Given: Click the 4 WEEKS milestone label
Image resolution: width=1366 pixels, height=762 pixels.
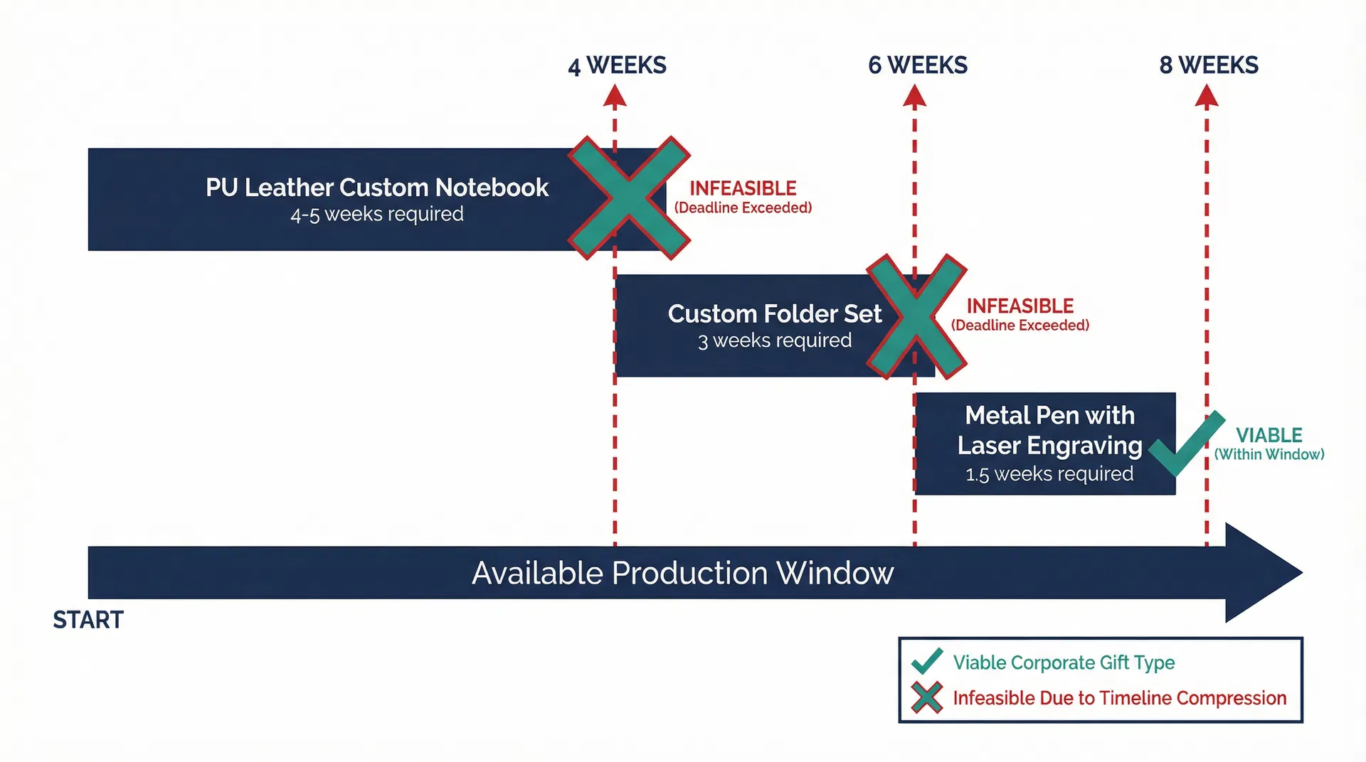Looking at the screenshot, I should tap(617, 65).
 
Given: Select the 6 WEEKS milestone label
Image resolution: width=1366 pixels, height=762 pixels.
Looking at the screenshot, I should tap(917, 65).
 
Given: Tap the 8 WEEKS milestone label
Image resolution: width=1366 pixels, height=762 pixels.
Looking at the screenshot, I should tap(1208, 65).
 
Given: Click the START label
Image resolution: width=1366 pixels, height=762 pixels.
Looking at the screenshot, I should tap(88, 620).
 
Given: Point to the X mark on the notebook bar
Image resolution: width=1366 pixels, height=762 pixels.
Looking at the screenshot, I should tap(629, 198).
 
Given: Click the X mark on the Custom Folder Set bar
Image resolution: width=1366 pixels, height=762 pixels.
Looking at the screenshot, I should tap(916, 316).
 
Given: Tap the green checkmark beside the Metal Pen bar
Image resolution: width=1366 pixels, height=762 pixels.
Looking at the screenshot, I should tap(1185, 444).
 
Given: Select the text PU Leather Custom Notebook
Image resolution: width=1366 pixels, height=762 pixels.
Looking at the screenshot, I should tap(376, 188).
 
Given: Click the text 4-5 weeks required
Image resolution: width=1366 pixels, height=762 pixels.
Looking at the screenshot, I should tap(376, 214).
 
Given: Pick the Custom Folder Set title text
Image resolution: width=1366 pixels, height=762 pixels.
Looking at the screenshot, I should tap(774, 313).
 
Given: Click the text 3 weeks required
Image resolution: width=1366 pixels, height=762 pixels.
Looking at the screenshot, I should tap(774, 340).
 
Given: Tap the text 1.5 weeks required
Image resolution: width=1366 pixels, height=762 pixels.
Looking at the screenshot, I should tap(1049, 474).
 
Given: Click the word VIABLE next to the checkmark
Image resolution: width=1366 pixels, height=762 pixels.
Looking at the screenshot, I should tap(1269, 435).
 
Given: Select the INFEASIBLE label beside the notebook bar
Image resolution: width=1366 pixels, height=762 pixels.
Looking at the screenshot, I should tap(743, 188).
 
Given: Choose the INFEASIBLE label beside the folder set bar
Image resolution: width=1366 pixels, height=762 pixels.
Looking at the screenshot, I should tap(1020, 306).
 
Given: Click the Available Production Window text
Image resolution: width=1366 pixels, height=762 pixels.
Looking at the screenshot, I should tap(682, 573).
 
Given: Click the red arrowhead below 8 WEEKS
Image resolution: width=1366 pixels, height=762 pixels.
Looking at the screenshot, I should tap(1206, 97).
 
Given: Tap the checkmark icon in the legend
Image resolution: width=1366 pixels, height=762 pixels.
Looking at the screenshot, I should tap(927, 662).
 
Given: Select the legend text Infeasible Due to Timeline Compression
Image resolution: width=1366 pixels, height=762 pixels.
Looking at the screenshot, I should tap(1119, 698).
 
